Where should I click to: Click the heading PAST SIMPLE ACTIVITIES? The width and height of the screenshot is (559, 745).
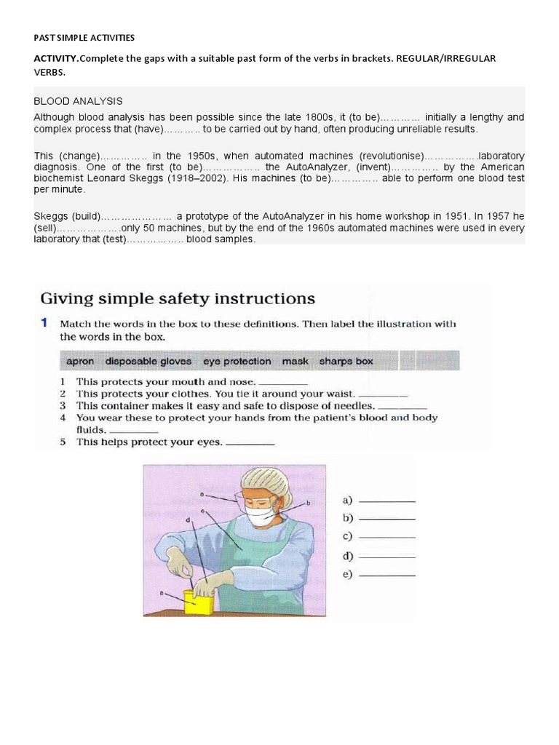84,38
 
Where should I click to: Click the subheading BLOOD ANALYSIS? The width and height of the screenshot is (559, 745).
78,101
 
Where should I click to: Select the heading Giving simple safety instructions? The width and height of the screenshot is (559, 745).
178,298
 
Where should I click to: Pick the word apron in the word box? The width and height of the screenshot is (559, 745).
80,361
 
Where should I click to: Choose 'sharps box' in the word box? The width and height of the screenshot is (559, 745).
346,361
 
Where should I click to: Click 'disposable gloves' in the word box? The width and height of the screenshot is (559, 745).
148,361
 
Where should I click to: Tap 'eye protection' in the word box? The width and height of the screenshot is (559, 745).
237,361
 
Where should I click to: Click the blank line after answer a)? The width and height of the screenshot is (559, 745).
387,501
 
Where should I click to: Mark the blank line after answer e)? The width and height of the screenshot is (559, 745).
387,575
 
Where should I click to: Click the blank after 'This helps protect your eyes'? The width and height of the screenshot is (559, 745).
250,442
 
